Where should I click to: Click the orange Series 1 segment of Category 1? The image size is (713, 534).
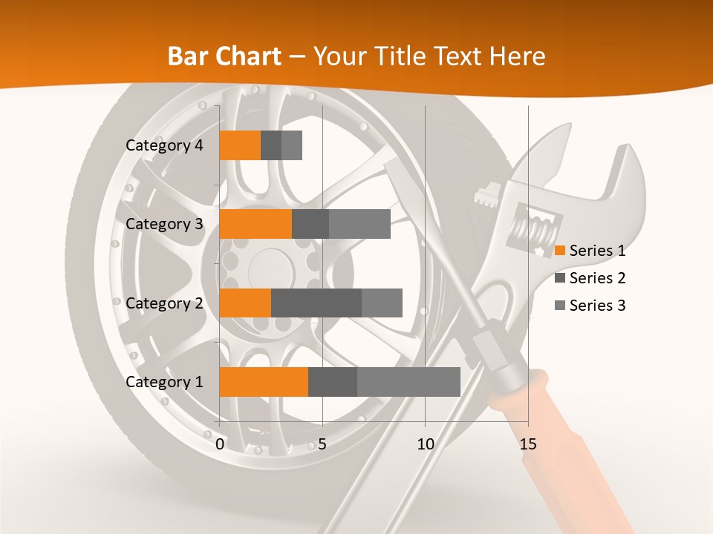click(264, 382)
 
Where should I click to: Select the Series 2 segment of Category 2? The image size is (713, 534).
click(316, 303)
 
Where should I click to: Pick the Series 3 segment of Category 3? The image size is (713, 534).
click(359, 224)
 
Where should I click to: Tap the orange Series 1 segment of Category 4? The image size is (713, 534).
click(240, 145)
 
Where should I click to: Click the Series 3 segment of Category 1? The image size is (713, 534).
click(408, 382)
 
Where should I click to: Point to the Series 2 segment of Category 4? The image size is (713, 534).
click(271, 145)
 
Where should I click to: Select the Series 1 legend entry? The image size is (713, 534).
click(590, 251)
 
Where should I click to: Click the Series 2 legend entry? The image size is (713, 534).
click(590, 278)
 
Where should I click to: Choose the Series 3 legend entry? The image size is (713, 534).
click(590, 306)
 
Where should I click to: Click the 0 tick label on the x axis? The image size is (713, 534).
click(220, 444)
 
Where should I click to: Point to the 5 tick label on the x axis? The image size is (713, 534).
click(322, 444)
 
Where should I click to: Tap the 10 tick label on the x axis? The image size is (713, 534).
click(425, 444)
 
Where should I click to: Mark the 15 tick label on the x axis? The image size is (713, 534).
click(528, 444)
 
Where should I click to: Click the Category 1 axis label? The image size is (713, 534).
click(164, 382)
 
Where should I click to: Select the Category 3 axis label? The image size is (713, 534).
click(164, 224)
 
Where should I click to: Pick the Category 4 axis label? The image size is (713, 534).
click(164, 145)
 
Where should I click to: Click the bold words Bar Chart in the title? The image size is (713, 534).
click(224, 56)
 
